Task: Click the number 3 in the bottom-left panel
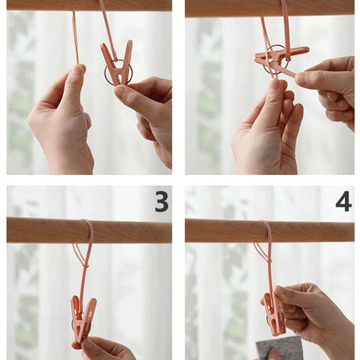[162, 201]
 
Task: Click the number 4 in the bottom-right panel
[343, 201]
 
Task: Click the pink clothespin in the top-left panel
[116, 64]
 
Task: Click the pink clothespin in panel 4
[275, 313]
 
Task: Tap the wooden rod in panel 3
[89, 229]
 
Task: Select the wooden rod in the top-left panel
[89, 5]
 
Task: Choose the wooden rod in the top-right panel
[270, 8]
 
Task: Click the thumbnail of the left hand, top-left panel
[81, 68]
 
